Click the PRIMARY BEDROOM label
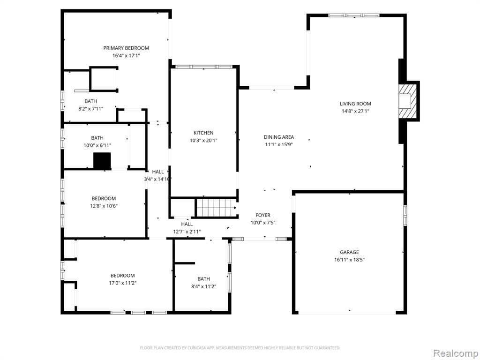(x=126, y=48)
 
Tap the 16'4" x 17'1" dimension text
(x=126, y=56)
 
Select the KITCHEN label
(x=203, y=133)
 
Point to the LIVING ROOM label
(x=355, y=104)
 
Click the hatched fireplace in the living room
(x=407, y=101)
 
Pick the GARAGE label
(x=349, y=252)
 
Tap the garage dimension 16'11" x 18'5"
(x=349, y=260)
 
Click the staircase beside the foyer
(x=217, y=208)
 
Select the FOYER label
(x=263, y=215)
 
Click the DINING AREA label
(x=279, y=137)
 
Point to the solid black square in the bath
(x=102, y=161)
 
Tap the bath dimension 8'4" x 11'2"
(x=203, y=286)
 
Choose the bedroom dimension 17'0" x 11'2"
(x=123, y=283)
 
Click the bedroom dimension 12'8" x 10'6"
(x=104, y=206)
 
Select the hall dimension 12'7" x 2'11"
(x=187, y=232)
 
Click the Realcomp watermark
(x=455, y=353)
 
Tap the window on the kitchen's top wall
(x=203, y=67)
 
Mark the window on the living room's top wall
(x=354, y=15)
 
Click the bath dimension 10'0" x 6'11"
(x=97, y=146)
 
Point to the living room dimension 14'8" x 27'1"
(x=355, y=112)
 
